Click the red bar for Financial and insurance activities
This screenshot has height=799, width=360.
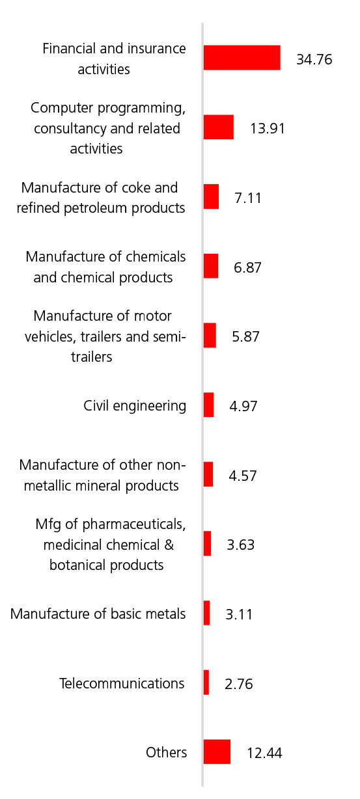[242, 57]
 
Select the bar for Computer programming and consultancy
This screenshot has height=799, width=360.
[219, 127]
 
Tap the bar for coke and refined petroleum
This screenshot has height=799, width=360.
[211, 196]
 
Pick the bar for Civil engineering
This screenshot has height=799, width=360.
[209, 405]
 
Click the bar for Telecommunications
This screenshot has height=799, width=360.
[206, 683]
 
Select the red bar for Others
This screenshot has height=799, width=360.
[217, 752]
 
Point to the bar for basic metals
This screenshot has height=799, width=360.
[206, 613]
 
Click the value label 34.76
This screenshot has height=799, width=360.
[314, 60]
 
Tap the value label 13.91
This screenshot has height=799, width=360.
[268, 129]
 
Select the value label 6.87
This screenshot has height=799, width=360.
[247, 267]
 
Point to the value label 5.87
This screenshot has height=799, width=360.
[246, 337]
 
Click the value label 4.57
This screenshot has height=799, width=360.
[243, 476]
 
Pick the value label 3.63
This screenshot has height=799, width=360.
[241, 545]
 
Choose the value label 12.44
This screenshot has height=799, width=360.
[265, 753]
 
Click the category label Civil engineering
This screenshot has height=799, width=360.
[135, 406]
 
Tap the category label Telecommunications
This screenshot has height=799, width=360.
[122, 683]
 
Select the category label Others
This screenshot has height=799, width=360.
[166, 752]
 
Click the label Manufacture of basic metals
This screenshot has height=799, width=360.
[98, 614]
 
